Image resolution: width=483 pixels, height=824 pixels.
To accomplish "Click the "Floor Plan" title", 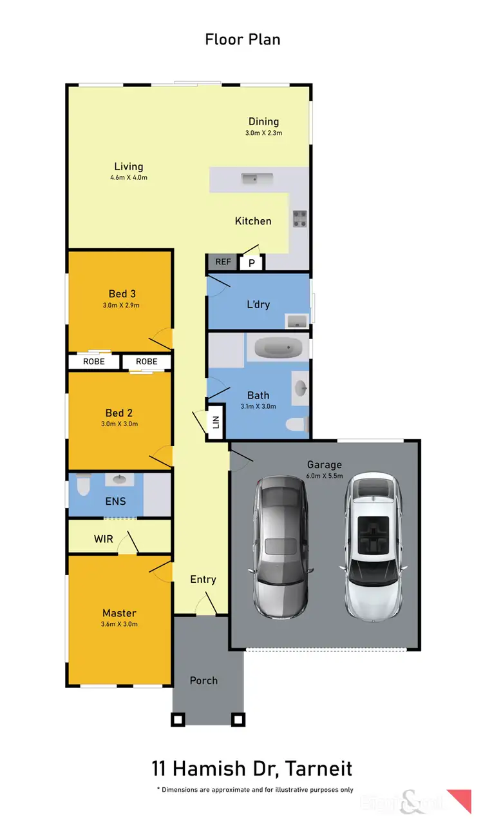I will (242, 39).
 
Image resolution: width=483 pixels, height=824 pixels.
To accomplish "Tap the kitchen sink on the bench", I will (257, 178).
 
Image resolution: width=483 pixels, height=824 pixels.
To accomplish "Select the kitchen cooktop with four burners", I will (300, 219).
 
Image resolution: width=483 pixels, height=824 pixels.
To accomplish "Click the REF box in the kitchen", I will (223, 262).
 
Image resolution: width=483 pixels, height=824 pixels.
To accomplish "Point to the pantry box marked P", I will (251, 263).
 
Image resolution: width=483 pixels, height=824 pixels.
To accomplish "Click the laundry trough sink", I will (298, 320).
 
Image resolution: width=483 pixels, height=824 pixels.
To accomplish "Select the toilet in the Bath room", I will (297, 425).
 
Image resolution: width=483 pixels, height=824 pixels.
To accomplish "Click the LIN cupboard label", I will (216, 422).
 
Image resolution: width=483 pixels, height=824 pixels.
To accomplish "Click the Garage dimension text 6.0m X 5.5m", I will (324, 476).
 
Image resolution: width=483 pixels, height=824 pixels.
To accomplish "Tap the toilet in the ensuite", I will (81, 486).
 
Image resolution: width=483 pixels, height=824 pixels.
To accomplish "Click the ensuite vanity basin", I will (120, 480).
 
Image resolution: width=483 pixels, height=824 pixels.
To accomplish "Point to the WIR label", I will (103, 538).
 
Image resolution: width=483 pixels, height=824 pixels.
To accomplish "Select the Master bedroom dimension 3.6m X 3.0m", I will (119, 624).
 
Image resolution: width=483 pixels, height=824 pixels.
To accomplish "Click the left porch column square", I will (178, 720).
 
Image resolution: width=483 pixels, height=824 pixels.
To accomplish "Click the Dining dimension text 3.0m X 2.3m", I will (263, 133).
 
